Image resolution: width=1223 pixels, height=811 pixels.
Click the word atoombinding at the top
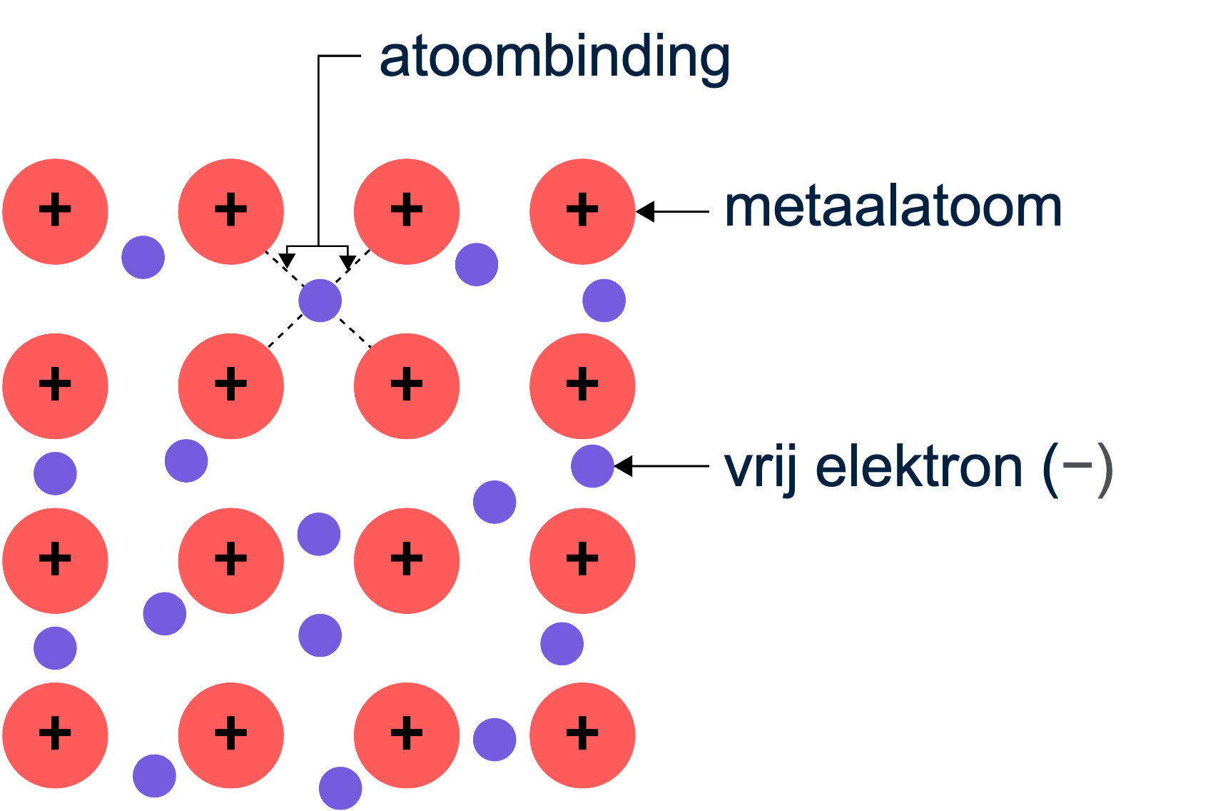(554, 57)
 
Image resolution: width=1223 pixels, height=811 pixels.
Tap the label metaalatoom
(893, 208)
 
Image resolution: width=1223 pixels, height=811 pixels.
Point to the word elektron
(919, 468)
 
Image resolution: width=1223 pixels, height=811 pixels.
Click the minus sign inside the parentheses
(1077, 465)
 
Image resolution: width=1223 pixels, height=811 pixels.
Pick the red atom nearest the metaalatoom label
(582, 211)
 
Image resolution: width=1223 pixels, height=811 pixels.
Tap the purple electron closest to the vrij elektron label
(592, 466)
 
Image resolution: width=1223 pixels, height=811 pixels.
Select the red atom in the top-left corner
(55, 211)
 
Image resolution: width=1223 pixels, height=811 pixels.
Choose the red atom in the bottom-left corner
(55, 735)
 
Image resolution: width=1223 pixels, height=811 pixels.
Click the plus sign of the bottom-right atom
(582, 734)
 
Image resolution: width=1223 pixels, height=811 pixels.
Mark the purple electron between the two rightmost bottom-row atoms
(494, 740)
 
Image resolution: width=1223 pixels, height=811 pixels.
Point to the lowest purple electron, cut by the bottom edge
(340, 788)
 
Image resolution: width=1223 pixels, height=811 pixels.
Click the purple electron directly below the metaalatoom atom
(604, 301)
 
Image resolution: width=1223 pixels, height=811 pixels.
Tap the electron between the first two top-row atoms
(143, 257)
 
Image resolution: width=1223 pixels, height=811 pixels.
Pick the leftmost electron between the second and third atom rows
(55, 473)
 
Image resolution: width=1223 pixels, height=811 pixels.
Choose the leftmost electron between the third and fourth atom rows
(55, 648)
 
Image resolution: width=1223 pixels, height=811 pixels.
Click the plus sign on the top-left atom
(55, 211)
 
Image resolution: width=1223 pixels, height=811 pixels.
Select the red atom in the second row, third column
(407, 386)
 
